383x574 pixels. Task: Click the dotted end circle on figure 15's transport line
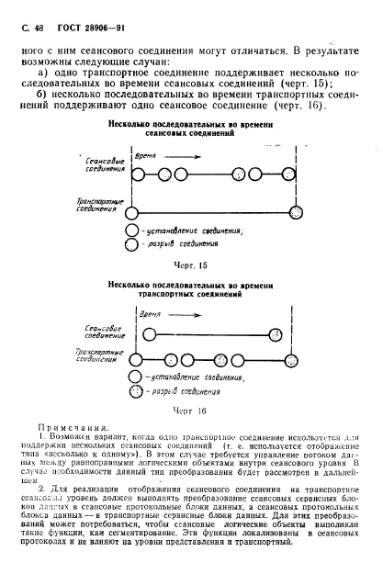click(x=299, y=212)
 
